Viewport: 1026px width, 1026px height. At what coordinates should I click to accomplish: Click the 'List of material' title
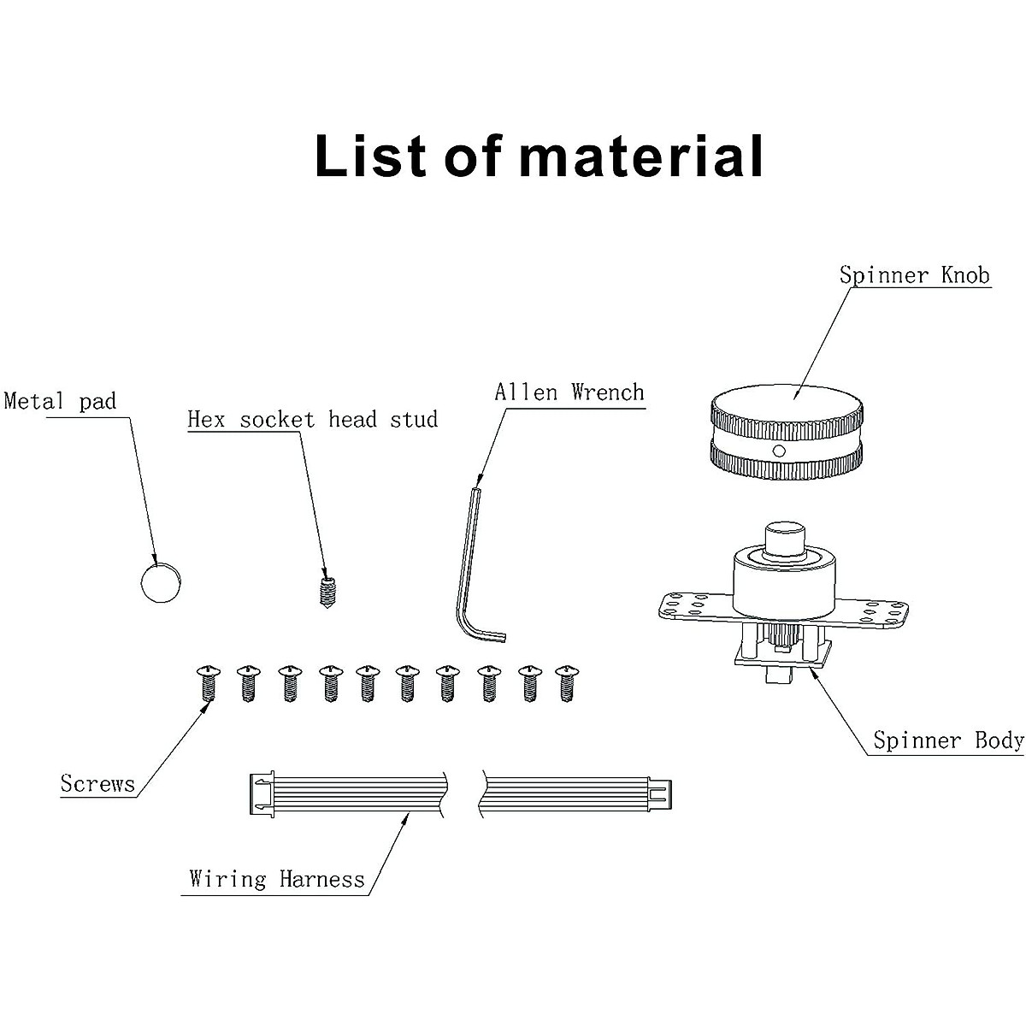click(539, 156)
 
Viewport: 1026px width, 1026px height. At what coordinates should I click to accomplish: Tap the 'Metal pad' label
click(60, 401)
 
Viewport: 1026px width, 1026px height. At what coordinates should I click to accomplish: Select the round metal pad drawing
click(162, 582)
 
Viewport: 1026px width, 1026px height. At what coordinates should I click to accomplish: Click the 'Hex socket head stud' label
click(312, 419)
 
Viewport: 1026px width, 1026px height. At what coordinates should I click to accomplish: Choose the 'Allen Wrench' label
click(569, 392)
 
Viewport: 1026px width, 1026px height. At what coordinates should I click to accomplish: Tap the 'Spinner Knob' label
click(914, 274)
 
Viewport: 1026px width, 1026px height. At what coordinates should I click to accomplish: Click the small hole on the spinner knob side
click(778, 451)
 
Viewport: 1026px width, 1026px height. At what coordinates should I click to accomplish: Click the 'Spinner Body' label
click(948, 740)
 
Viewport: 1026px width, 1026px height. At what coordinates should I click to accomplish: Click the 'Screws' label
click(97, 783)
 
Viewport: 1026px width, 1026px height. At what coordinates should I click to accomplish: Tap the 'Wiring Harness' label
click(277, 879)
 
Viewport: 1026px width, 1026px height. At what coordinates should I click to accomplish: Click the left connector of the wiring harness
click(260, 794)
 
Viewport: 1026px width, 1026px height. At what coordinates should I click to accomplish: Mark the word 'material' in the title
click(641, 156)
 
